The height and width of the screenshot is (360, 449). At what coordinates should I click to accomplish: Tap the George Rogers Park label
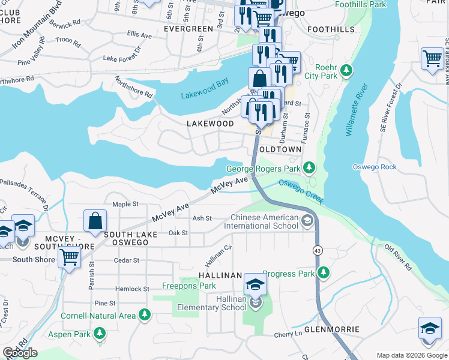click(x=262, y=169)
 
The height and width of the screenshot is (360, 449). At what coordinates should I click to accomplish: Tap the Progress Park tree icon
click(x=324, y=274)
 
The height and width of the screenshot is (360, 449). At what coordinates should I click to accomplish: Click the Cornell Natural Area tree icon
click(x=144, y=315)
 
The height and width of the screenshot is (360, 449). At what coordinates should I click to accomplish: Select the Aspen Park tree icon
click(x=99, y=333)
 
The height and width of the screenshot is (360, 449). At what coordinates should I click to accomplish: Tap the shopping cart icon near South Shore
click(x=70, y=257)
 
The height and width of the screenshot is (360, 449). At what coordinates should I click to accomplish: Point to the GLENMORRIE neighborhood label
click(x=331, y=329)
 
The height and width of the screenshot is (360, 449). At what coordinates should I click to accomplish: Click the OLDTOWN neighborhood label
click(x=279, y=149)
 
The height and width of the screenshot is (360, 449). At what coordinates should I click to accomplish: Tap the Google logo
click(x=20, y=353)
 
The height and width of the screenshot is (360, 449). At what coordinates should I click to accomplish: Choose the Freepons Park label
click(x=189, y=286)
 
